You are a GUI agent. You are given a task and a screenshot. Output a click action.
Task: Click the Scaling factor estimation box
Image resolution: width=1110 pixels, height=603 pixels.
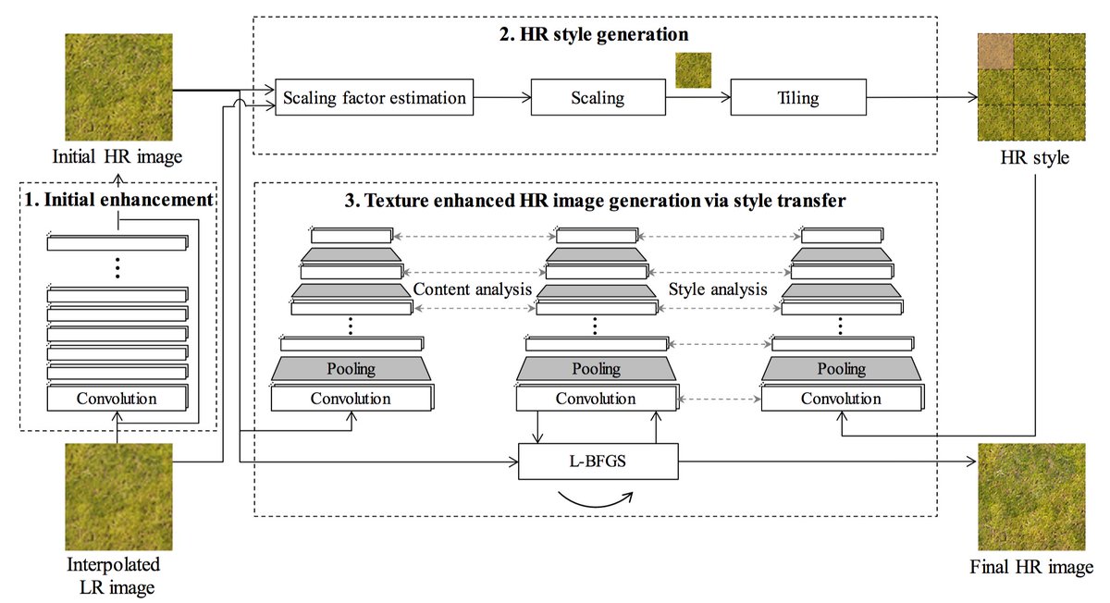pyautogui.click(x=374, y=98)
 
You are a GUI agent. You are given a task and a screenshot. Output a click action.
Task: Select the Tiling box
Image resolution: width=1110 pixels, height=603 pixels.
pyautogui.click(x=798, y=98)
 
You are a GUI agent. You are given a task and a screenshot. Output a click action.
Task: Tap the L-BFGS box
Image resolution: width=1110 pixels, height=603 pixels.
pyautogui.click(x=598, y=461)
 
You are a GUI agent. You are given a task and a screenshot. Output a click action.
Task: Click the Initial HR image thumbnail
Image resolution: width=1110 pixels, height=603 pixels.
pyautogui.click(x=119, y=87)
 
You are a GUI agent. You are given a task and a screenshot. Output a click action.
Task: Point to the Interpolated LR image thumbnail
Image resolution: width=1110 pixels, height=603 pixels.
pyautogui.click(x=119, y=497)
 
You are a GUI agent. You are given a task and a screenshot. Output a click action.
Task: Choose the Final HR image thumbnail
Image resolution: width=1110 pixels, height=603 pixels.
pyautogui.click(x=1031, y=497)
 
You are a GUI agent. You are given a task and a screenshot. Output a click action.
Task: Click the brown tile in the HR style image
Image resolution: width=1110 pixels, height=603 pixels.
pyautogui.click(x=995, y=52)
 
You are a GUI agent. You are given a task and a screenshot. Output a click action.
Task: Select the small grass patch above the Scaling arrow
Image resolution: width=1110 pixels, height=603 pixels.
pyautogui.click(x=693, y=70)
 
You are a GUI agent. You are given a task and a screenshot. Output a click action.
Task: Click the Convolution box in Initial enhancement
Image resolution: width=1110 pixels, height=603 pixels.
pyautogui.click(x=117, y=398)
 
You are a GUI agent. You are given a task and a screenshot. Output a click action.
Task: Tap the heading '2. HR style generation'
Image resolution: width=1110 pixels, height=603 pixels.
pyautogui.click(x=594, y=35)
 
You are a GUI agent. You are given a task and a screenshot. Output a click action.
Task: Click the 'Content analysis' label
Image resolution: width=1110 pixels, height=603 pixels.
pyautogui.click(x=473, y=289)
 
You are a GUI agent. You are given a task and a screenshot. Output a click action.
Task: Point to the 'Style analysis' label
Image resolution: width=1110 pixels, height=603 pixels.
pyautogui.click(x=718, y=289)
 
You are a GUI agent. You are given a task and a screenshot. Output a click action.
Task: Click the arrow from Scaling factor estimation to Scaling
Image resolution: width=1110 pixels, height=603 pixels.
pyautogui.click(x=502, y=98)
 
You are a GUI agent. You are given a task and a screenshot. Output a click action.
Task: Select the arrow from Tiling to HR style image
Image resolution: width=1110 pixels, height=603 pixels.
pyautogui.click(x=922, y=98)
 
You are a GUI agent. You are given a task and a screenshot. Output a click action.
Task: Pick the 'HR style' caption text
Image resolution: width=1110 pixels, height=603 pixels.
pyautogui.click(x=1035, y=157)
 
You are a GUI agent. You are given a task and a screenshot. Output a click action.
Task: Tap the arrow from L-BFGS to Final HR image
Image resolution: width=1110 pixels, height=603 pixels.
pyautogui.click(x=828, y=461)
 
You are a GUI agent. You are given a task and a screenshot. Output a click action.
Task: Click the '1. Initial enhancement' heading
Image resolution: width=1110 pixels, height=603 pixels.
pyautogui.click(x=118, y=200)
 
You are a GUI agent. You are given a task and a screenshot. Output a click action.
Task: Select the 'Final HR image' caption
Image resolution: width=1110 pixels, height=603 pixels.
pyautogui.click(x=1031, y=567)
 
